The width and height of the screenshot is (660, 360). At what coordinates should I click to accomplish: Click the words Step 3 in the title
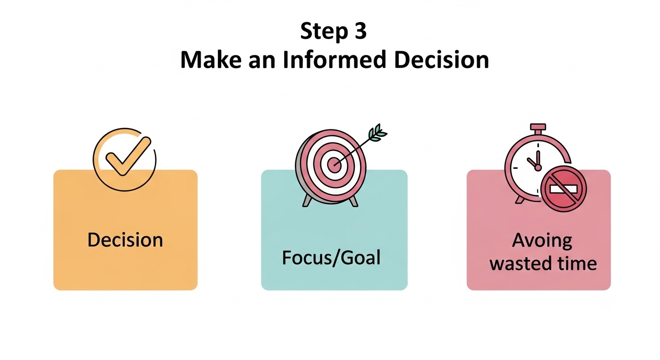pyautogui.click(x=333, y=31)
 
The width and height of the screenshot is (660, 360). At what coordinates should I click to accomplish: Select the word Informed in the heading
pyautogui.click(x=334, y=60)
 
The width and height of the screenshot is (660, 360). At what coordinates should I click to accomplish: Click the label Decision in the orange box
pyautogui.click(x=125, y=240)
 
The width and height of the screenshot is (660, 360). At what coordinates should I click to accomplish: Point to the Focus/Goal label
pyautogui.click(x=331, y=258)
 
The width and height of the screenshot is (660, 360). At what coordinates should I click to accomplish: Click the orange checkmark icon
pyautogui.click(x=128, y=156)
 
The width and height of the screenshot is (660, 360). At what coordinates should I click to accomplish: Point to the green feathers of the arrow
pyautogui.click(x=377, y=133)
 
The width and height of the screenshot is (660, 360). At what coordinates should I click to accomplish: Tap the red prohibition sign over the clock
pyautogui.click(x=563, y=189)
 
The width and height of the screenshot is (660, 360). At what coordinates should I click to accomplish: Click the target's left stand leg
pyautogui.click(x=307, y=200)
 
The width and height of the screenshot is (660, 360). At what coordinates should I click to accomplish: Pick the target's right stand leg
pyautogui.click(x=353, y=202)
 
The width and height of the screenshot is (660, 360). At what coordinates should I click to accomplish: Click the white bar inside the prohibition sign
pyautogui.click(x=563, y=189)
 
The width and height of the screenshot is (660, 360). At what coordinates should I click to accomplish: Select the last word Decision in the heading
pyautogui.click(x=442, y=60)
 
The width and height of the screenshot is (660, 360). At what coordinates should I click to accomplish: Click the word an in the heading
pyautogui.click(x=262, y=62)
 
